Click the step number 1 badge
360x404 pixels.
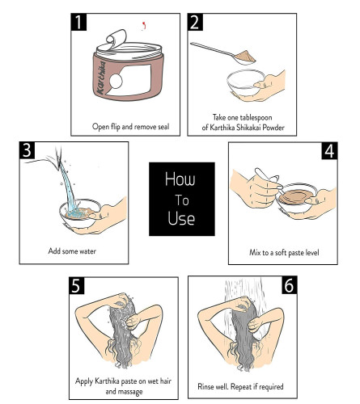[x=78, y=22]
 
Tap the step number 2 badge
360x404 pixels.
[x=195, y=22]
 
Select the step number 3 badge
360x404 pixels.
[x=28, y=150]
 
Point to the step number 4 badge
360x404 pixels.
[x=329, y=151]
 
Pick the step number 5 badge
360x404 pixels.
[x=77, y=285]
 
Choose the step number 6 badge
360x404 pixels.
[x=289, y=285]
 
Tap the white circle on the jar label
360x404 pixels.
[x=116, y=81]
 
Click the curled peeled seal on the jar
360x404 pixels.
[x=116, y=38]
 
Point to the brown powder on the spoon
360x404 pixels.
[x=245, y=57]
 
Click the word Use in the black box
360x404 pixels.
[x=181, y=218]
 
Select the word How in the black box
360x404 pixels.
[x=180, y=179]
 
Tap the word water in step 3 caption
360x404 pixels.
[x=87, y=251]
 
